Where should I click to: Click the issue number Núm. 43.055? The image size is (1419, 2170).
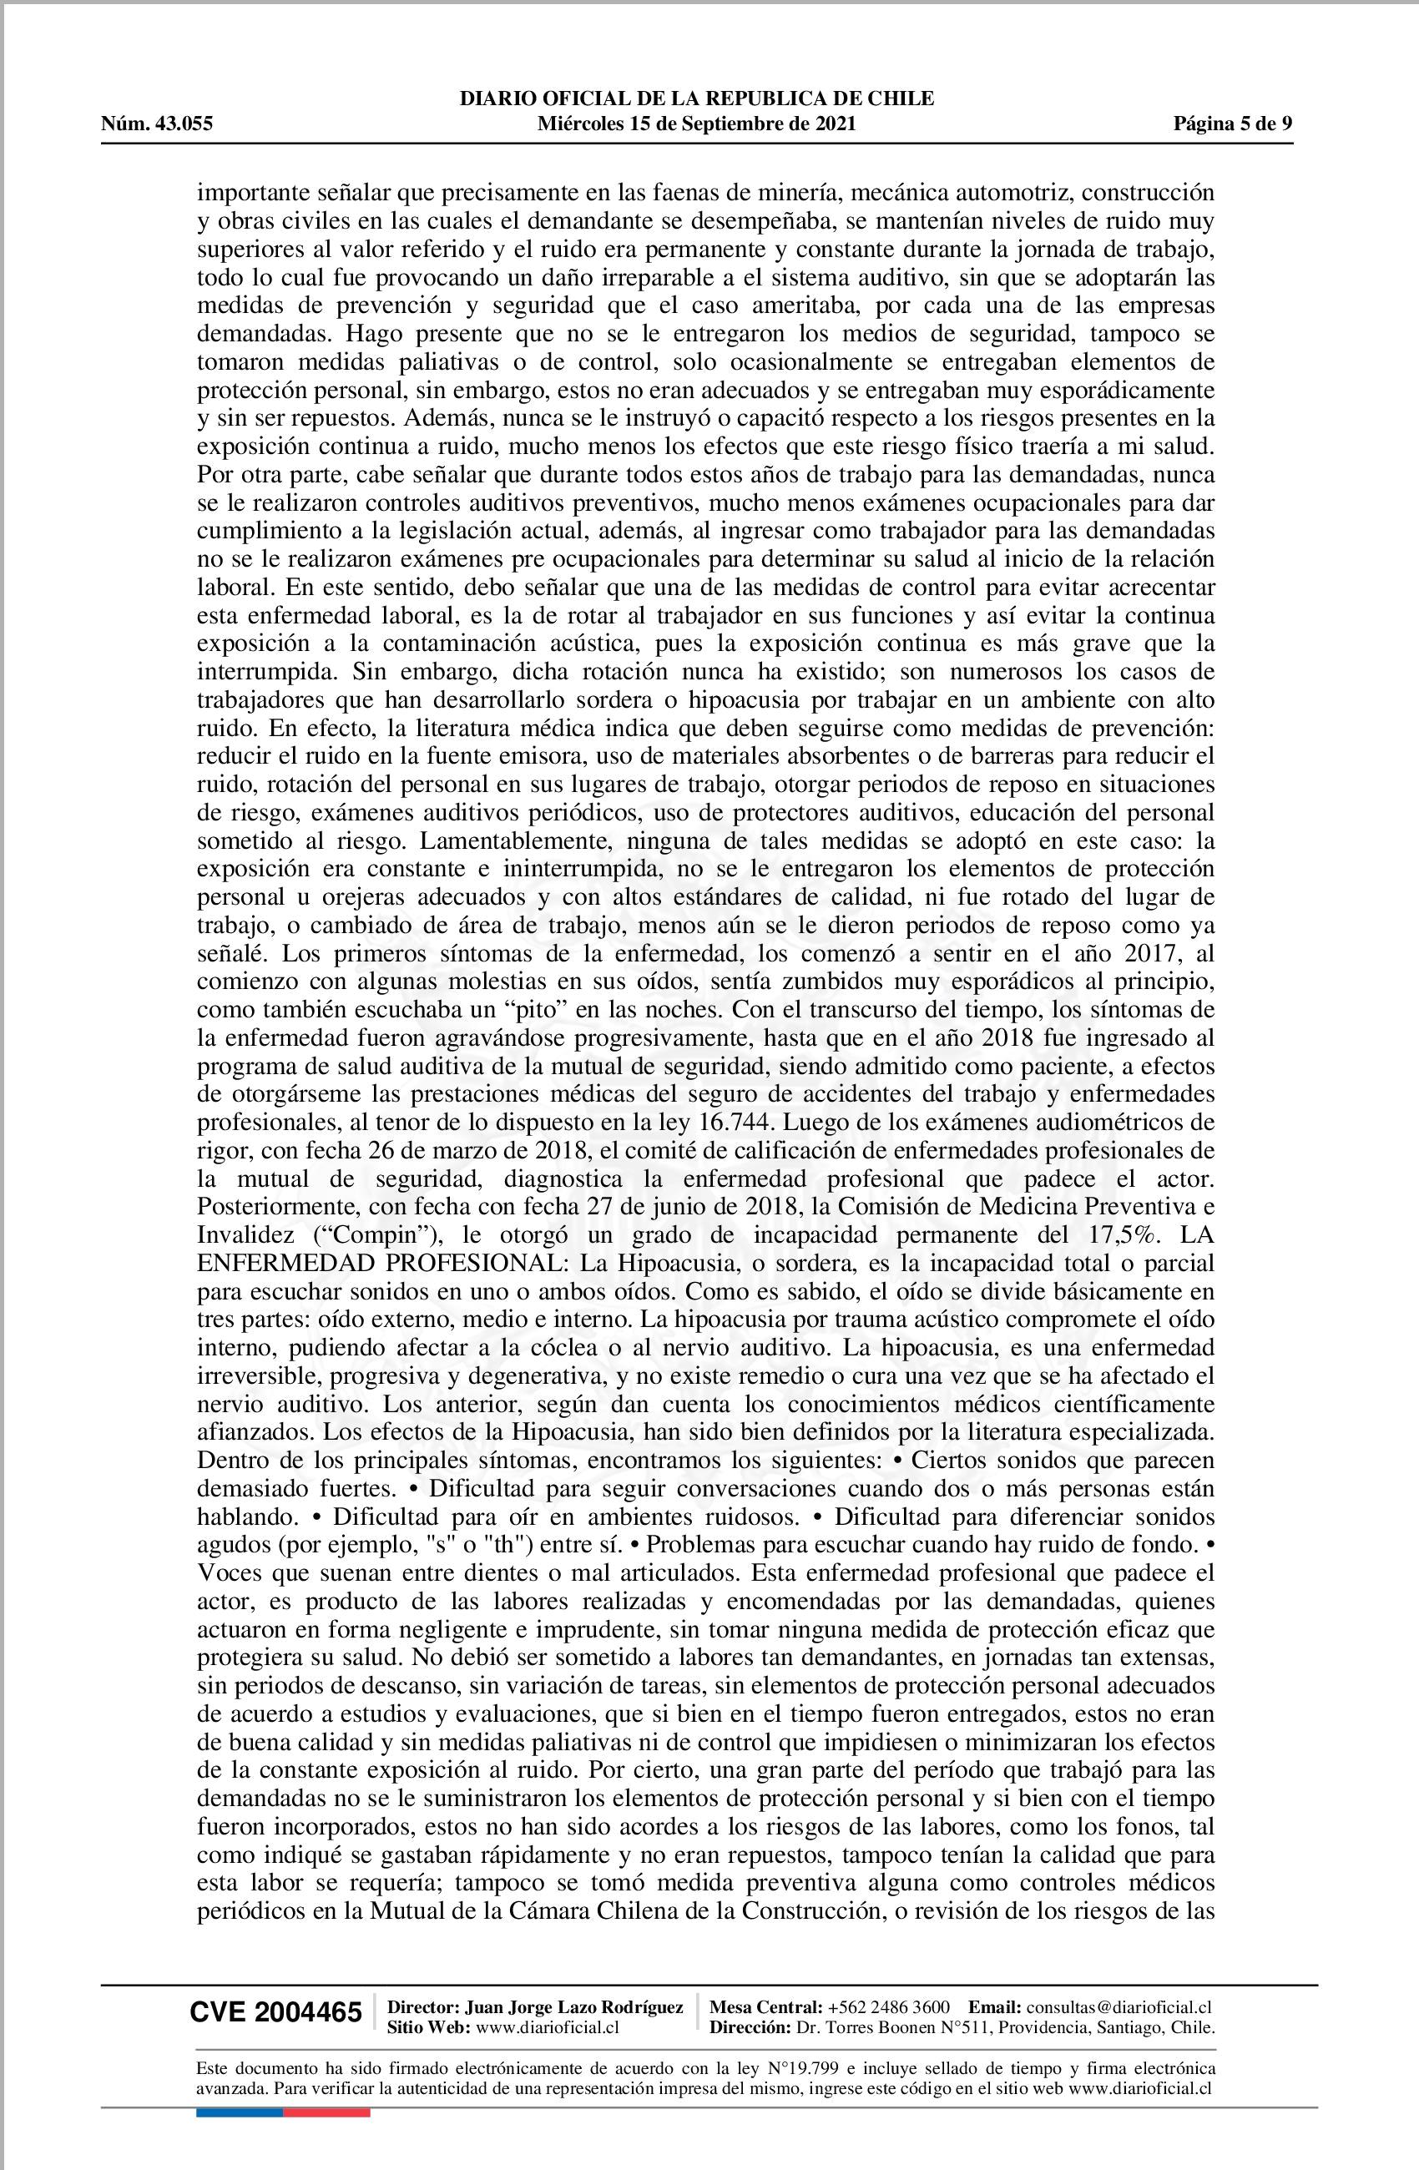tap(157, 124)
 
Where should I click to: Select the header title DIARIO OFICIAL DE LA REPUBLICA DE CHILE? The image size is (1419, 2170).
tap(697, 98)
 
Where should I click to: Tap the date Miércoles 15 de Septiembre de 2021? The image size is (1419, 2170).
tap(697, 124)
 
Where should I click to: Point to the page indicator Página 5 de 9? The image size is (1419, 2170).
tap(1233, 124)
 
